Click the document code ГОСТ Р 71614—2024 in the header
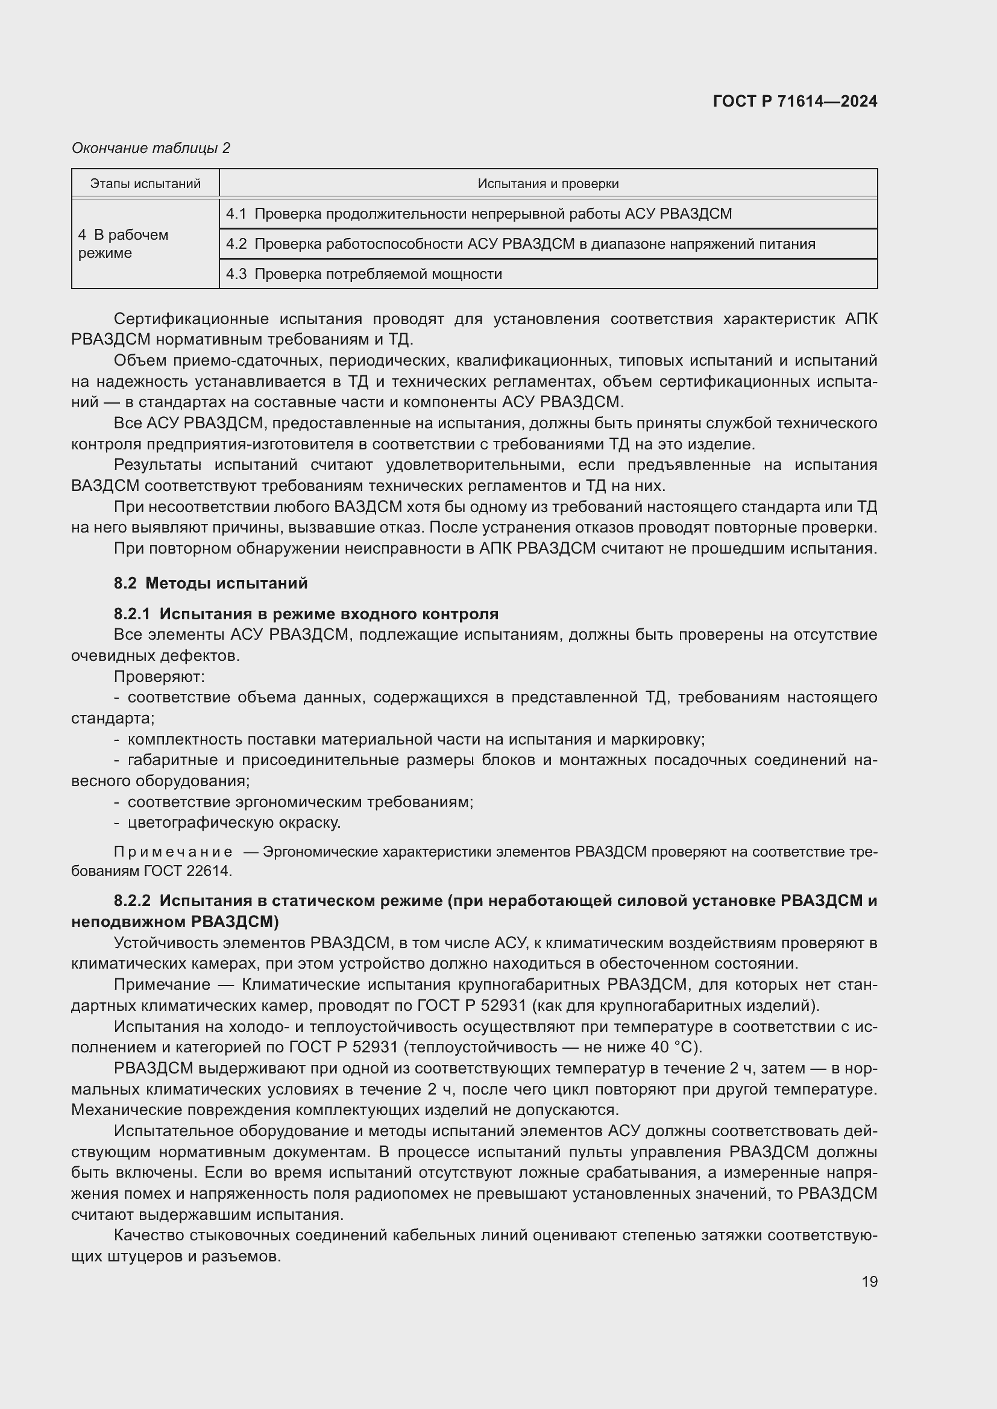click(794, 101)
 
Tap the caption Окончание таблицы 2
click(151, 148)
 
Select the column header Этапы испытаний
click(145, 184)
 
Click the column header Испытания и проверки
click(547, 184)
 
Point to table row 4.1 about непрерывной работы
click(479, 214)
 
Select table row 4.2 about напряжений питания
click(520, 243)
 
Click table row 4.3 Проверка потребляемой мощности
click(363, 273)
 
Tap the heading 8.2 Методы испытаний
click(210, 583)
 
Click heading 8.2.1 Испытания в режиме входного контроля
click(306, 614)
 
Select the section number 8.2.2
click(132, 901)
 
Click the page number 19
click(869, 1281)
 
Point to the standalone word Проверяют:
click(159, 677)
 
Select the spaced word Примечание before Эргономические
click(173, 852)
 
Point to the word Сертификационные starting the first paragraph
click(191, 319)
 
